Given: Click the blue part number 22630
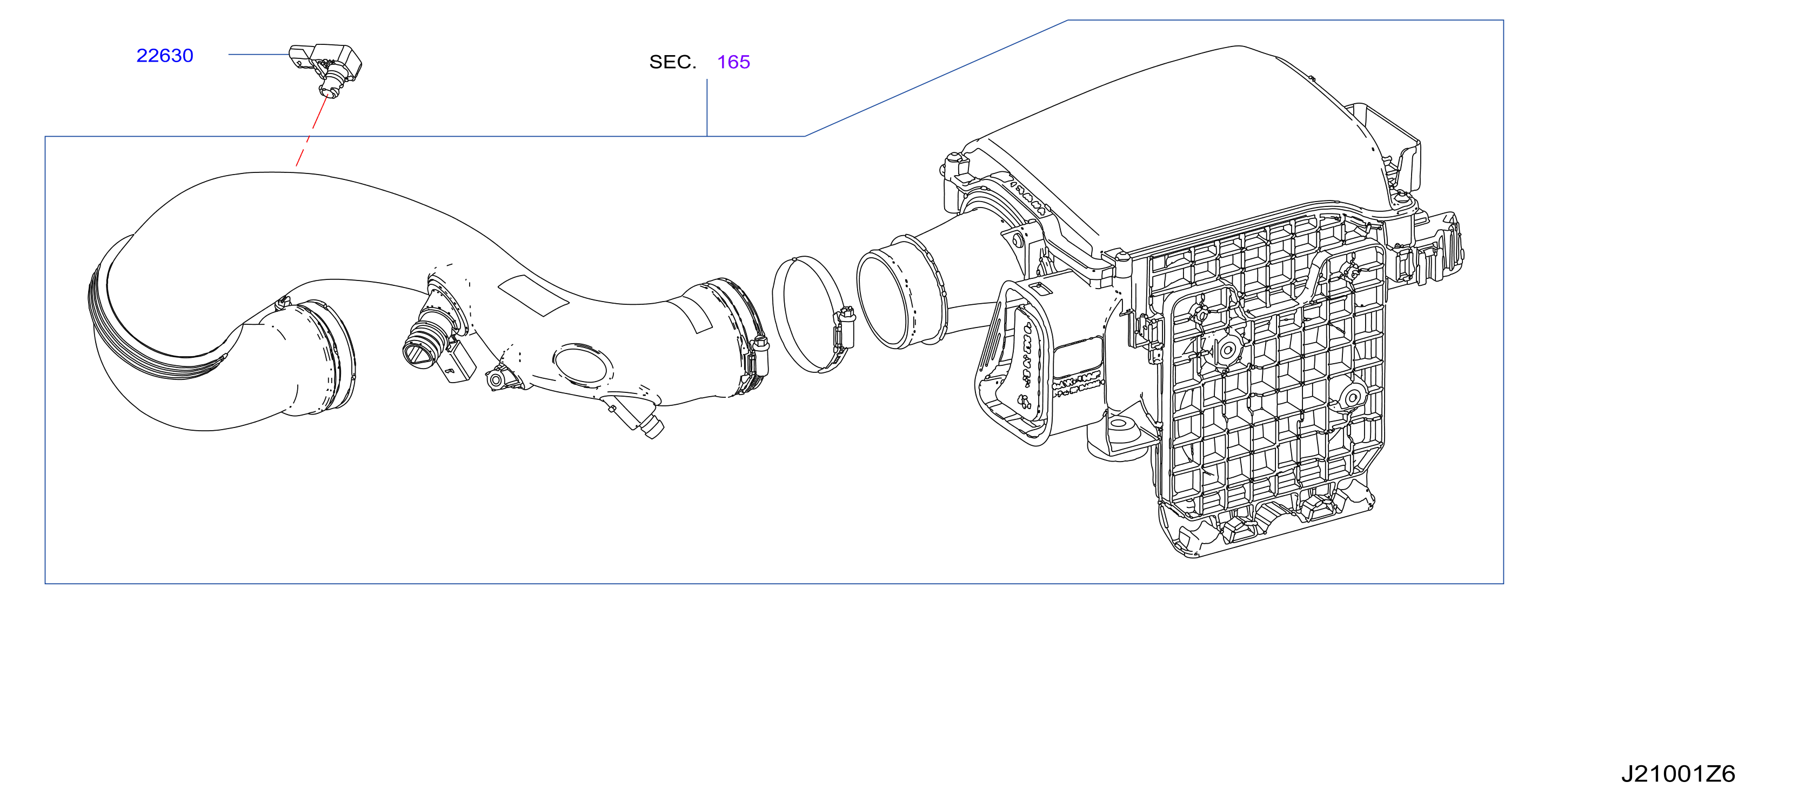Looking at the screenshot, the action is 165,55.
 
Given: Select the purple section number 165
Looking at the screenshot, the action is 734,62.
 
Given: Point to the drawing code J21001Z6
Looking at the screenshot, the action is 1678,774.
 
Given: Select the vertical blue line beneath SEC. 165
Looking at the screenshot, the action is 707,107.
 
